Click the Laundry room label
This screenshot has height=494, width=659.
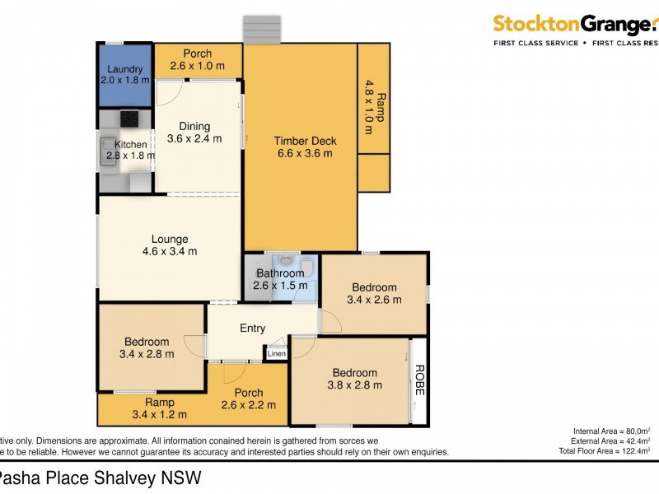pyautogui.click(x=125, y=75)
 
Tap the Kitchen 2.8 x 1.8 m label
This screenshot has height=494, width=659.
pyautogui.click(x=130, y=150)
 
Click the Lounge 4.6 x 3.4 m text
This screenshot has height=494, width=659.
pyautogui.click(x=169, y=245)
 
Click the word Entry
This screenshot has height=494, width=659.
pyautogui.click(x=252, y=329)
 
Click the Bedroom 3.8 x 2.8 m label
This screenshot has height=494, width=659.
pyautogui.click(x=354, y=379)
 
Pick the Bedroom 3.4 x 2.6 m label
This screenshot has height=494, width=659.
pyautogui.click(x=374, y=294)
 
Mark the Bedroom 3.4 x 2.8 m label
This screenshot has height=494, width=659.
pyautogui.click(x=147, y=348)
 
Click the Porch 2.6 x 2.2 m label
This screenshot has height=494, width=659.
pyautogui.click(x=249, y=398)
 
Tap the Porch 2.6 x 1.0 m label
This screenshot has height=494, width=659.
pyautogui.click(x=197, y=59)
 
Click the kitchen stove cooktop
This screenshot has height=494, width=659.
pyautogui.click(x=129, y=119)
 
